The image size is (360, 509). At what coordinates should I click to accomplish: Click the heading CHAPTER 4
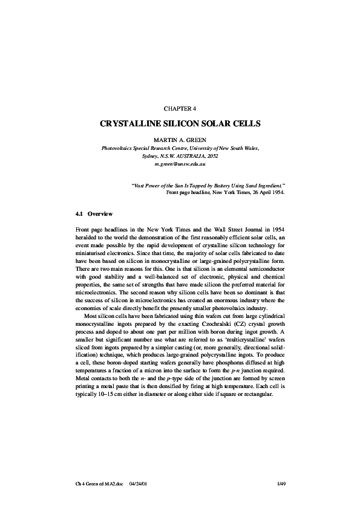click(x=180, y=108)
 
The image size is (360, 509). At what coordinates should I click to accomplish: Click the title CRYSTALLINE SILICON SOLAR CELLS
click(x=180, y=124)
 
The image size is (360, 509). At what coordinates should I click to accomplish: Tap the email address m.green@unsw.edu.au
click(x=180, y=164)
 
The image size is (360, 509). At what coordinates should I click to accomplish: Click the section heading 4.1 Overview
click(x=90, y=214)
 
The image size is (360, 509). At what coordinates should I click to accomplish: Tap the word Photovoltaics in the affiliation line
click(x=120, y=148)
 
